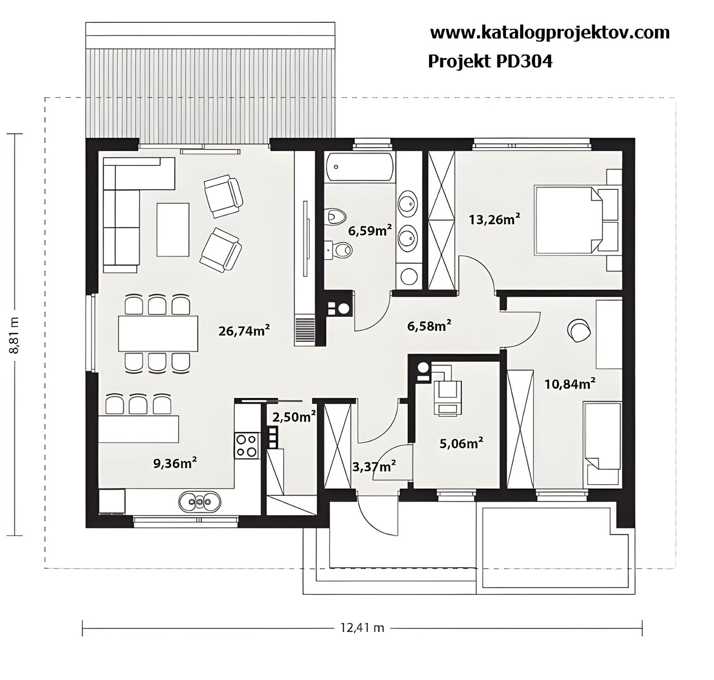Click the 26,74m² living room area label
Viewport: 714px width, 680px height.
[244, 331]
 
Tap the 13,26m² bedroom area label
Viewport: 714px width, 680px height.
[494, 219]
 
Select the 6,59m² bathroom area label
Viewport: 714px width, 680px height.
[370, 230]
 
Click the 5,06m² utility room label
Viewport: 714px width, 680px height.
[461, 443]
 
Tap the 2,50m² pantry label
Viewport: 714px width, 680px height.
[294, 417]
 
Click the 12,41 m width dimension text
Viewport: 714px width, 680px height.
[362, 628]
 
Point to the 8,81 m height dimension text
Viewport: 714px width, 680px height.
[15, 334]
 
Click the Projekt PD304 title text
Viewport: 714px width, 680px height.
[490, 61]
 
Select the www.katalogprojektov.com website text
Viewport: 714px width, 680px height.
[550, 33]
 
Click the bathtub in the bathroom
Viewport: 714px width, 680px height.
[360, 167]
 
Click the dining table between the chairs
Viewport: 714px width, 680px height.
[158, 333]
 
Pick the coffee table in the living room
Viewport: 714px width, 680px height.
[173, 229]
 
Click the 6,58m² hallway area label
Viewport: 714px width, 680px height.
[430, 326]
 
